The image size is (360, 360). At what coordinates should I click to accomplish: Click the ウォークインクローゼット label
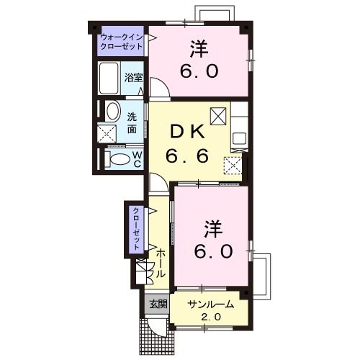[121, 40]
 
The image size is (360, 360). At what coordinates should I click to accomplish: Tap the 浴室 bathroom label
[133, 76]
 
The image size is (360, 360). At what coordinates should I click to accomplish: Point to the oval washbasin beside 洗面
[112, 112]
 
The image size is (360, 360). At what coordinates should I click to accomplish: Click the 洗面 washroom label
[132, 122]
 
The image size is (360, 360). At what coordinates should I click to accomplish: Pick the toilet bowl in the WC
[120, 159]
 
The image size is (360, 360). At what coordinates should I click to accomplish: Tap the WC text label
[135, 159]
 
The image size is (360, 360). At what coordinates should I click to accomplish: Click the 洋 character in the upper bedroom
[199, 49]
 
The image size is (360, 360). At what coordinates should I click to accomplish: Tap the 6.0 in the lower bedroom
[212, 251]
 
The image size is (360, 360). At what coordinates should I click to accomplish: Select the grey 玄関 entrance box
[158, 304]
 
